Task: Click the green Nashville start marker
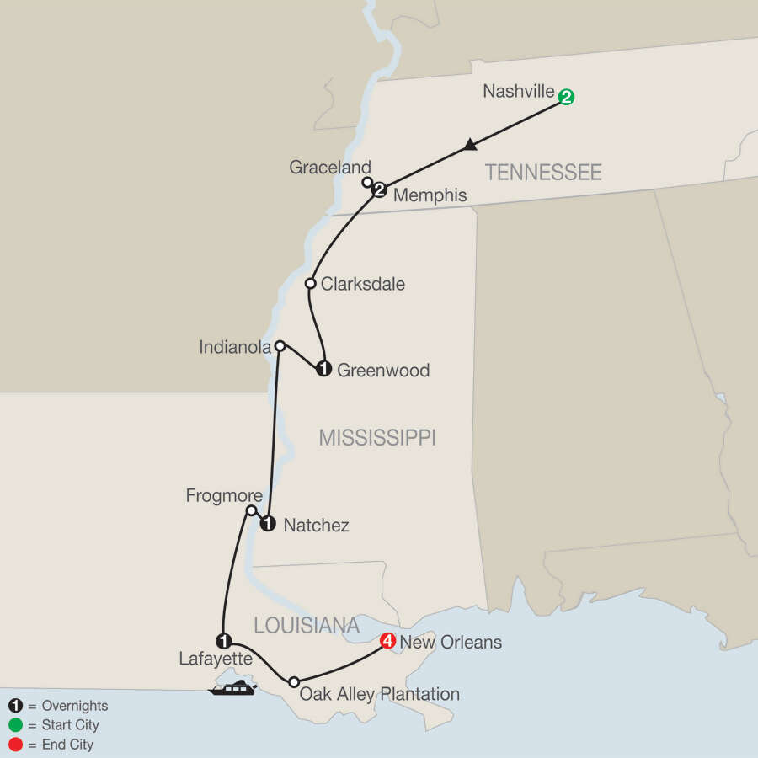(x=567, y=98)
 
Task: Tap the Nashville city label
(x=519, y=91)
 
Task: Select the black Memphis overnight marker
(x=379, y=190)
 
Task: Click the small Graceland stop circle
(x=366, y=182)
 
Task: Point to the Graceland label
(x=330, y=168)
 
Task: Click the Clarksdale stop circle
(x=310, y=284)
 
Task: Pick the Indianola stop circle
(x=280, y=345)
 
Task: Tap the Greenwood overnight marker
(x=323, y=368)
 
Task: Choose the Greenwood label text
(x=383, y=370)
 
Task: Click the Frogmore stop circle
(x=251, y=510)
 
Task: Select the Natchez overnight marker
(x=268, y=524)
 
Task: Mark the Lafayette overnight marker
(x=223, y=640)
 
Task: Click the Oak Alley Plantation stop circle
(x=293, y=681)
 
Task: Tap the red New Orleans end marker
(x=387, y=641)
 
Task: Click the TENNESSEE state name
(x=543, y=173)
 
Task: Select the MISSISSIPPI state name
(x=377, y=437)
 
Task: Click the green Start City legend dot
(x=15, y=725)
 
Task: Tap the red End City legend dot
(x=15, y=745)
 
